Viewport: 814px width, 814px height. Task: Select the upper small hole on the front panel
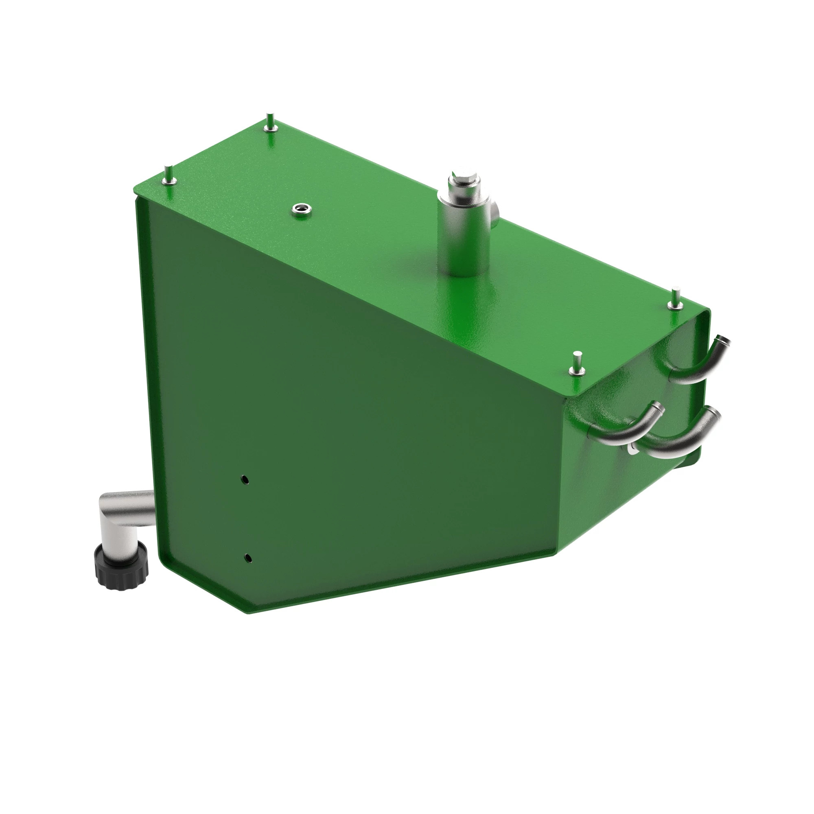point(245,479)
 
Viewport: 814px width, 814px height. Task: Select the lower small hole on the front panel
point(249,558)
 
